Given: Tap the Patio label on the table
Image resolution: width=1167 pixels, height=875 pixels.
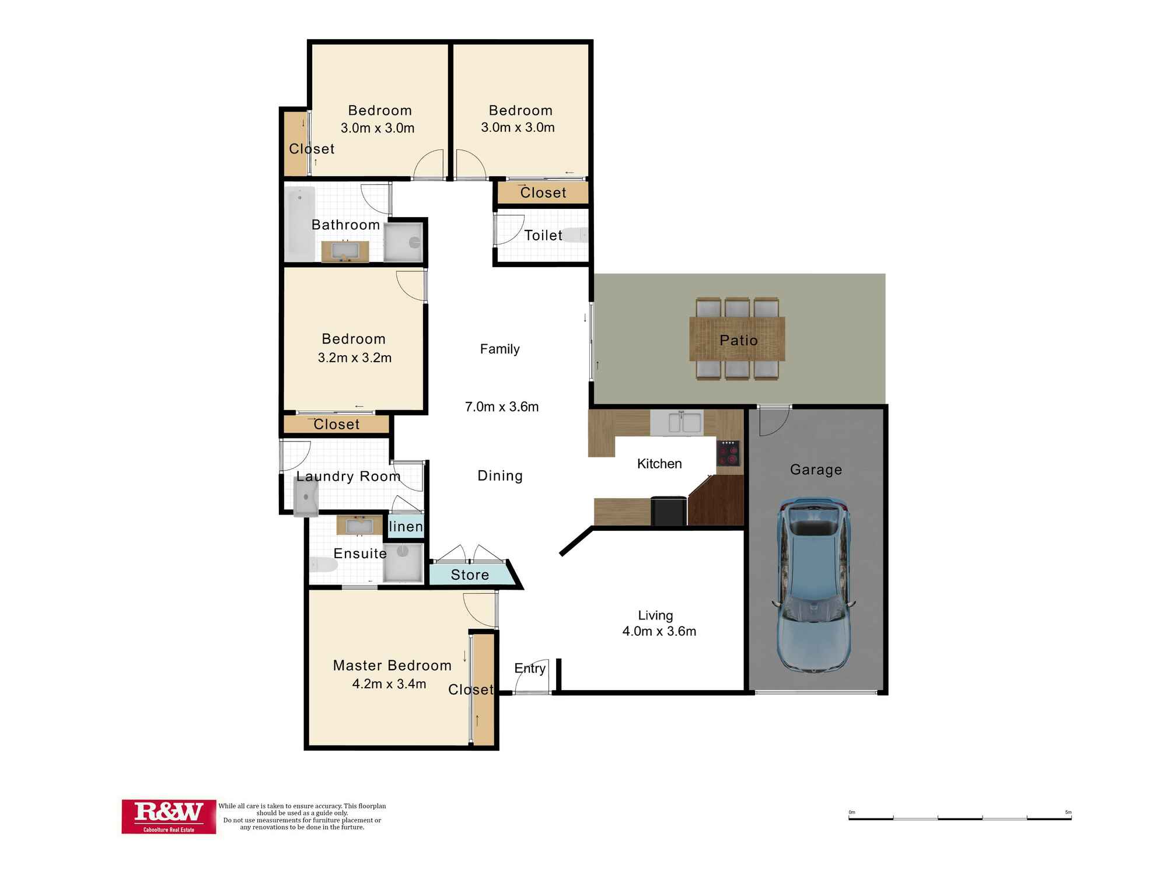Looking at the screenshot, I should pyautogui.click(x=738, y=340).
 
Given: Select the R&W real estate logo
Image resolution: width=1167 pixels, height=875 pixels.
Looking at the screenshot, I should pyautogui.click(x=169, y=816).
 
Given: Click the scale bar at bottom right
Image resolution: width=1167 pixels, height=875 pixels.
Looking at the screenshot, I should pyautogui.click(x=959, y=818).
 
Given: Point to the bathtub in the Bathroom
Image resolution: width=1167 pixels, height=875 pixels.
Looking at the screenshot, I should pyautogui.click(x=300, y=223).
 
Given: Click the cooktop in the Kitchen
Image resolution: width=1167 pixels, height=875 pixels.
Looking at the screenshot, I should pyautogui.click(x=728, y=453).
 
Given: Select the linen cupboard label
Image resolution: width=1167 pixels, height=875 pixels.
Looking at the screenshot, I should pyautogui.click(x=406, y=526).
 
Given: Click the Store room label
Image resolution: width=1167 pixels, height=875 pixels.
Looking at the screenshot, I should pyautogui.click(x=470, y=575).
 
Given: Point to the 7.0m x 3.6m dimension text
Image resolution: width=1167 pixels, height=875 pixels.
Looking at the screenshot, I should pyautogui.click(x=501, y=407).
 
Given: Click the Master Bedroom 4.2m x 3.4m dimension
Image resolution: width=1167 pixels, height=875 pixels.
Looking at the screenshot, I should pyautogui.click(x=389, y=684).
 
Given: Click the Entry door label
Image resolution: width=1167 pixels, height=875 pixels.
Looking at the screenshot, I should pyautogui.click(x=530, y=668).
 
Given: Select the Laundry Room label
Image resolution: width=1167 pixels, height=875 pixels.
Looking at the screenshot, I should pyautogui.click(x=348, y=476).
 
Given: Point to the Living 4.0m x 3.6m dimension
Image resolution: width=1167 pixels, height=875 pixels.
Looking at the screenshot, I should pyautogui.click(x=659, y=631).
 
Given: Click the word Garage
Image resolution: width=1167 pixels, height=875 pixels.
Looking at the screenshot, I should pyautogui.click(x=816, y=470).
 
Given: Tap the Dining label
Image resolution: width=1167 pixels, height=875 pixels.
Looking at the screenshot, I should pyautogui.click(x=500, y=475).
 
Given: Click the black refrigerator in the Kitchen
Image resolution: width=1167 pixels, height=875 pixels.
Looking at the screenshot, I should pyautogui.click(x=669, y=510).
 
